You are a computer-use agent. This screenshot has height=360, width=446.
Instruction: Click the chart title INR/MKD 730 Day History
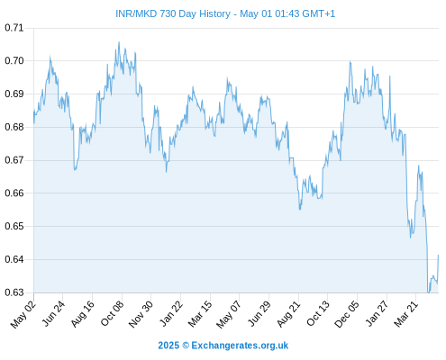[173, 13]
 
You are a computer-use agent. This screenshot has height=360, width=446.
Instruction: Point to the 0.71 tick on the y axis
[14, 28]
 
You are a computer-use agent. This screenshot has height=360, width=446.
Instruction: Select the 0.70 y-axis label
[14, 61]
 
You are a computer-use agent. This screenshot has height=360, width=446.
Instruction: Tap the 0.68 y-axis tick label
[14, 127]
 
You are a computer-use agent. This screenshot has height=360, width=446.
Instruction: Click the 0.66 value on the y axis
[14, 193]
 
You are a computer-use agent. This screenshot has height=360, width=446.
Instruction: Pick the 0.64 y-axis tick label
[14, 259]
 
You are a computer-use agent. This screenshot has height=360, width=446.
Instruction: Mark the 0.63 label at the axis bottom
[14, 292]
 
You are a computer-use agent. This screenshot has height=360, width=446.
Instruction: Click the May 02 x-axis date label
[23, 314]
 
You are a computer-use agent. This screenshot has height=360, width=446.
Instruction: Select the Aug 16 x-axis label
[82, 313]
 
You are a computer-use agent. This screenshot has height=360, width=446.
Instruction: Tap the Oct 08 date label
[112, 313]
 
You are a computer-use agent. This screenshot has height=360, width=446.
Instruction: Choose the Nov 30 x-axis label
[141, 314]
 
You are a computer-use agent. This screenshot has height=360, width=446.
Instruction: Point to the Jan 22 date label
[170, 313]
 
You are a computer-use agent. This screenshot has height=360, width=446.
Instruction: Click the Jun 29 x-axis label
[259, 313]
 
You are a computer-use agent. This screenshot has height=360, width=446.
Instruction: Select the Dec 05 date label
[347, 314]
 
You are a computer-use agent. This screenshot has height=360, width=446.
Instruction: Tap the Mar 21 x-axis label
[406, 314]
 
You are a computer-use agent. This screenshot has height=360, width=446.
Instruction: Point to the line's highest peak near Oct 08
[119, 42]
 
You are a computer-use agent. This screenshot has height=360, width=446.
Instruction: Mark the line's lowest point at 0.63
[429, 292]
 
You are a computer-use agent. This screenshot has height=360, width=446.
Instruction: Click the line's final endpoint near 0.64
[439, 256]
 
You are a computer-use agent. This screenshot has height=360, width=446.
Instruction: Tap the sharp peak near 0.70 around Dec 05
[350, 62]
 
